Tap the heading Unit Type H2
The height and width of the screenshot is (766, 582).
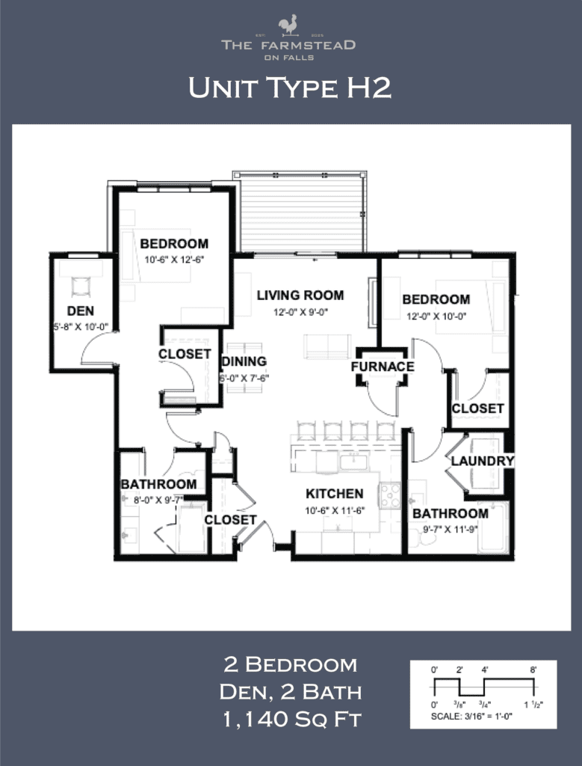click(x=290, y=88)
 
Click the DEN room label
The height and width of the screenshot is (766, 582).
click(x=80, y=310)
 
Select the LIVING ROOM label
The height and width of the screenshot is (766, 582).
click(x=300, y=295)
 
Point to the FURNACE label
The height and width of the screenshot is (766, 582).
click(x=383, y=367)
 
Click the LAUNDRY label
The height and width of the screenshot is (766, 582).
click(x=483, y=461)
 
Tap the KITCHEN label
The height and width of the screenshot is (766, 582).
click(x=334, y=494)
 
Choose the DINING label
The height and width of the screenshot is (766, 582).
click(x=244, y=361)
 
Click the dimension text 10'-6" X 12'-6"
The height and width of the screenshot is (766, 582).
click(x=173, y=260)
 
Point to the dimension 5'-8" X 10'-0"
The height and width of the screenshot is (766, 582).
click(x=80, y=326)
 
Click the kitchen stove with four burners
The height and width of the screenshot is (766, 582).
click(x=391, y=494)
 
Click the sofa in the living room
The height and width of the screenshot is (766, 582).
click(x=327, y=346)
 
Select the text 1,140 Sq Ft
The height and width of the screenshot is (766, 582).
click(x=291, y=720)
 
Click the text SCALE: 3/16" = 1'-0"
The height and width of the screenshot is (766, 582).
click(x=483, y=716)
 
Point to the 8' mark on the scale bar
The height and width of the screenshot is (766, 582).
click(x=533, y=670)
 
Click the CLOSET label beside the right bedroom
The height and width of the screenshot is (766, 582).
click(x=477, y=408)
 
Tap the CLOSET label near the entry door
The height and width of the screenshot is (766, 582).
click(x=230, y=519)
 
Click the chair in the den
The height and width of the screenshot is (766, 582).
click(x=80, y=286)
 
